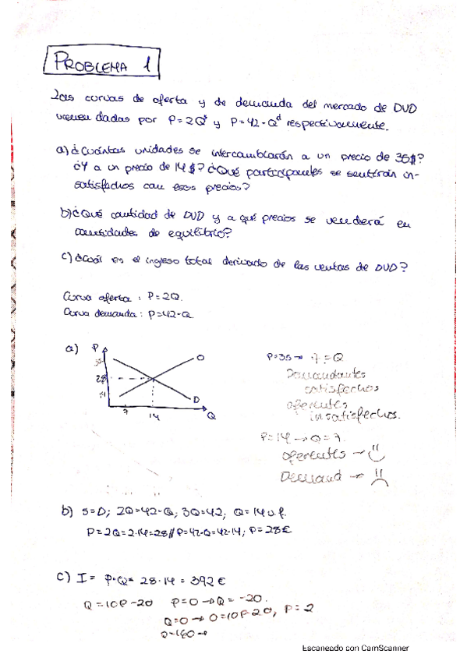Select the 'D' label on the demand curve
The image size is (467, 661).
tap(196, 400)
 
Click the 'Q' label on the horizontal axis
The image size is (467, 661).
tap(211, 417)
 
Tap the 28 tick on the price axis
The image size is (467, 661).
tap(101, 378)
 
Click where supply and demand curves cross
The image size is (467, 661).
tap(153, 379)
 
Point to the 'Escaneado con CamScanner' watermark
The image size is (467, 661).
tap(356, 648)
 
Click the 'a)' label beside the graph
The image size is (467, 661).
tap(73, 351)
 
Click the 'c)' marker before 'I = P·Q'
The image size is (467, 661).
tap(66, 578)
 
